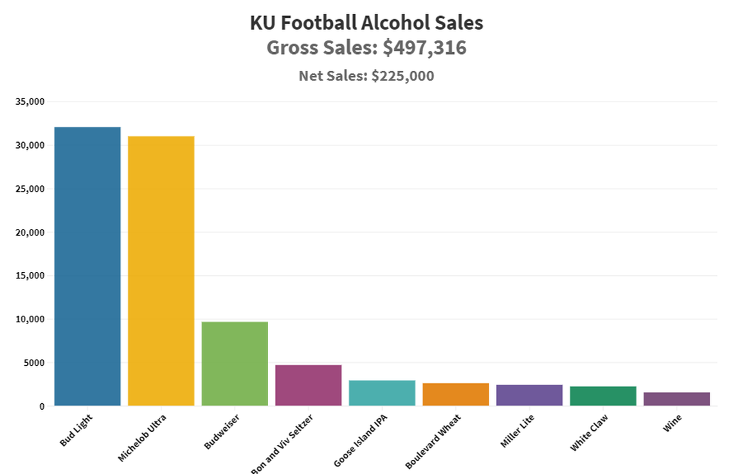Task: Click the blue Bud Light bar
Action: click(x=87, y=266)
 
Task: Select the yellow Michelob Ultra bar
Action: click(x=161, y=271)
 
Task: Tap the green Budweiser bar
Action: click(x=235, y=363)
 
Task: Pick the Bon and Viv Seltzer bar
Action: click(x=308, y=385)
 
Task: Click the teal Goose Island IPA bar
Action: click(x=382, y=393)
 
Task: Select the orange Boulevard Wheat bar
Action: click(x=455, y=394)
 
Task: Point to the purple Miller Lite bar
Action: click(x=529, y=395)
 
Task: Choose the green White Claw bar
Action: click(x=602, y=396)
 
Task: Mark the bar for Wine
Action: click(x=676, y=399)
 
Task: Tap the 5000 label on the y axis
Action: click(x=33, y=363)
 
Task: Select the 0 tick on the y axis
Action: click(x=42, y=406)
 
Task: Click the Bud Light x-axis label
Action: click(x=76, y=431)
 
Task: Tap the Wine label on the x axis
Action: click(x=673, y=423)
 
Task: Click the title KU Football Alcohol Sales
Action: click(x=366, y=23)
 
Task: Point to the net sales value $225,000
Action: click(x=403, y=76)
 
